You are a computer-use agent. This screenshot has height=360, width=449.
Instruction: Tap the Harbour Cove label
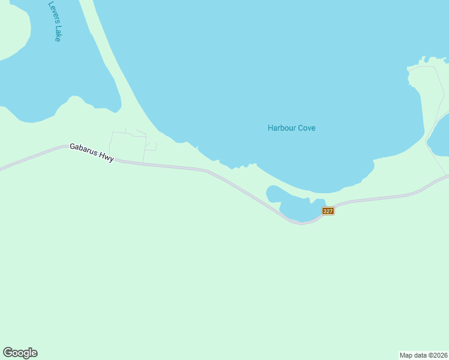(x=291, y=128)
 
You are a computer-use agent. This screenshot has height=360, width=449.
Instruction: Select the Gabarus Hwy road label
(x=92, y=152)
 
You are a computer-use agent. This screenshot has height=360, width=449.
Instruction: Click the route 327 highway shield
(x=328, y=211)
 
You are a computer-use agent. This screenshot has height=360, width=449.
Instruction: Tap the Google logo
(x=20, y=353)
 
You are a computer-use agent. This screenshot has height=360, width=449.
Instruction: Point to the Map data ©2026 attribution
(x=424, y=355)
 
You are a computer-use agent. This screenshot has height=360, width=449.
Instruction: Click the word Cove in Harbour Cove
(x=306, y=128)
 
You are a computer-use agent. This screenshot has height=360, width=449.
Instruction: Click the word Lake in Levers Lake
(x=58, y=33)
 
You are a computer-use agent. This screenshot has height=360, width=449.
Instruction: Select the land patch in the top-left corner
(x=12, y=33)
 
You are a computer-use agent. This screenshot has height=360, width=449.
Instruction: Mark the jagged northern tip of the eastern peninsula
(x=426, y=62)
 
